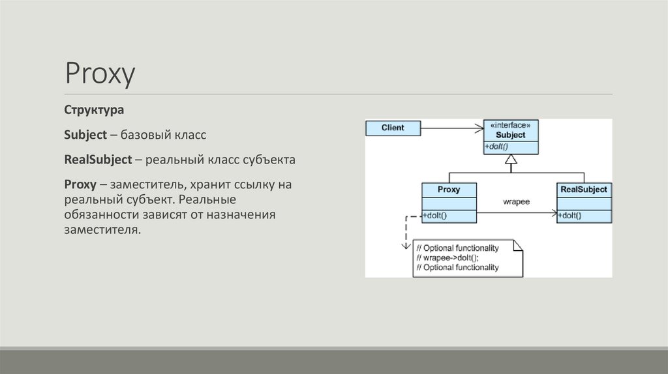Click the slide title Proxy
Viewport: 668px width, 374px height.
100,74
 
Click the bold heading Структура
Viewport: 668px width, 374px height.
94,111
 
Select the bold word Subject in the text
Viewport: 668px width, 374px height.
85,135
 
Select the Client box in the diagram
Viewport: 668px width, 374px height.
393,128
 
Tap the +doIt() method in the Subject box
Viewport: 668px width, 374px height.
497,147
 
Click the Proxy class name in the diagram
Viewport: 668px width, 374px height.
449,190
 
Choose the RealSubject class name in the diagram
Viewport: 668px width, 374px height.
584,190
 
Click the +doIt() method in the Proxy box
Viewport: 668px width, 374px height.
435,215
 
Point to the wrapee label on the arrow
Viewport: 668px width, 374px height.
516,202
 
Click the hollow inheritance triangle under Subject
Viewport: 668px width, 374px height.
511,160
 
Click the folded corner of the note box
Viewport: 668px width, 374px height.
518,245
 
